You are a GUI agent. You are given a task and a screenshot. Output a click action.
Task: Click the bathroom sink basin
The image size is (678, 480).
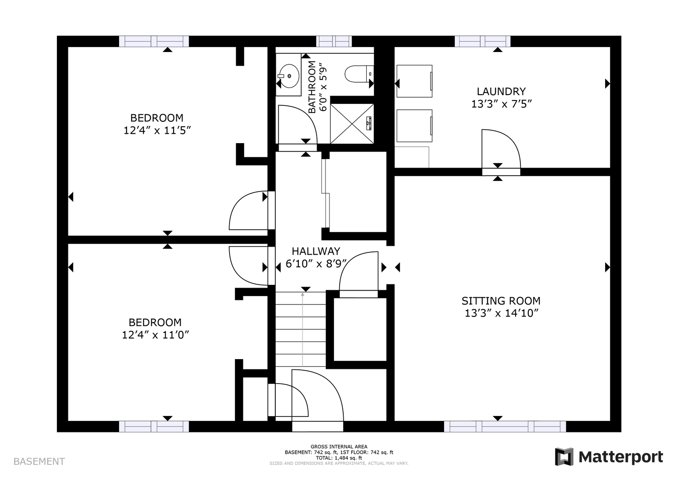pos(289,76)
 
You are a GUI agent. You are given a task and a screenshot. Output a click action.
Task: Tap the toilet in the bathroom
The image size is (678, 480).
pos(359,74)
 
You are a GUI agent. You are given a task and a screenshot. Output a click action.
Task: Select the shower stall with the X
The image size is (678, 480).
pos(352,124)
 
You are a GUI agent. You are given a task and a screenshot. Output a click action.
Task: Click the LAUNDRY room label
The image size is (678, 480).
pos(501,91)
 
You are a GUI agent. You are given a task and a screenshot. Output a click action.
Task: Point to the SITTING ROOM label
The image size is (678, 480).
pos(501,301)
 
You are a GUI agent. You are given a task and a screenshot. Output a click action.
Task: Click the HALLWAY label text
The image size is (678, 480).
pos(316,251)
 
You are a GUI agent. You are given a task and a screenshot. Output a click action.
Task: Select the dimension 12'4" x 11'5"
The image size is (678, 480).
pos(157,131)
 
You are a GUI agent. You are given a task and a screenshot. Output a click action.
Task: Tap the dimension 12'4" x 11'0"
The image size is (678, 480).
pos(155,335)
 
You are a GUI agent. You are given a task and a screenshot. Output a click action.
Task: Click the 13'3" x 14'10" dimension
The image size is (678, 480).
pos(502,313)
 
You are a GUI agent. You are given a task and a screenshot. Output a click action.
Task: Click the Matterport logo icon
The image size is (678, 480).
pos(564,456)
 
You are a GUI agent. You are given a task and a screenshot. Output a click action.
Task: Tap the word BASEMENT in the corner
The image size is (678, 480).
pos(39,461)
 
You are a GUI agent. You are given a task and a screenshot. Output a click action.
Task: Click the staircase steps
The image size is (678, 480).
pos(301,329)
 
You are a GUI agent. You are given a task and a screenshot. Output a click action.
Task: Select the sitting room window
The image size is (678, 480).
pos(505,426)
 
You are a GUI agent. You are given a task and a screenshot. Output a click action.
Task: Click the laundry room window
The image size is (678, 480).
pos(483,41)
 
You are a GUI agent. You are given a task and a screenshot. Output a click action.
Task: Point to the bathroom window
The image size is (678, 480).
pos(334,41)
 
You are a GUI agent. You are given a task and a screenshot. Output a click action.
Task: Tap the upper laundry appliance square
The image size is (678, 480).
pos(414,81)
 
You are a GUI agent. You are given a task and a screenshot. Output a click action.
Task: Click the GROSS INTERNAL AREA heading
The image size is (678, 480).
pos(339,446)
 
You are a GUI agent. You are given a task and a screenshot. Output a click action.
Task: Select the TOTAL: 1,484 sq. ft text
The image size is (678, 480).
pos(339,458)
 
